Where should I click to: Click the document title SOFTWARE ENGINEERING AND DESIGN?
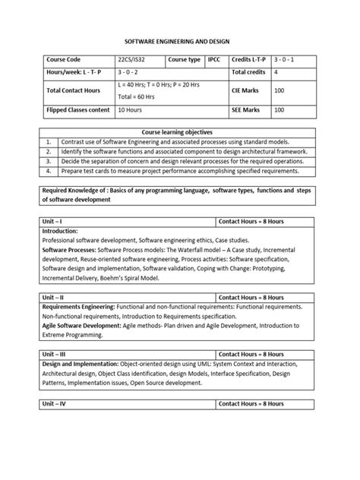click(x=180, y=44)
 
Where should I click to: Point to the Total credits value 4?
click(x=276, y=72)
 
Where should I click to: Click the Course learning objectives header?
click(x=179, y=131)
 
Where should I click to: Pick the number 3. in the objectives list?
click(x=48, y=161)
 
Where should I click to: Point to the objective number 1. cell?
click(x=48, y=141)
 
